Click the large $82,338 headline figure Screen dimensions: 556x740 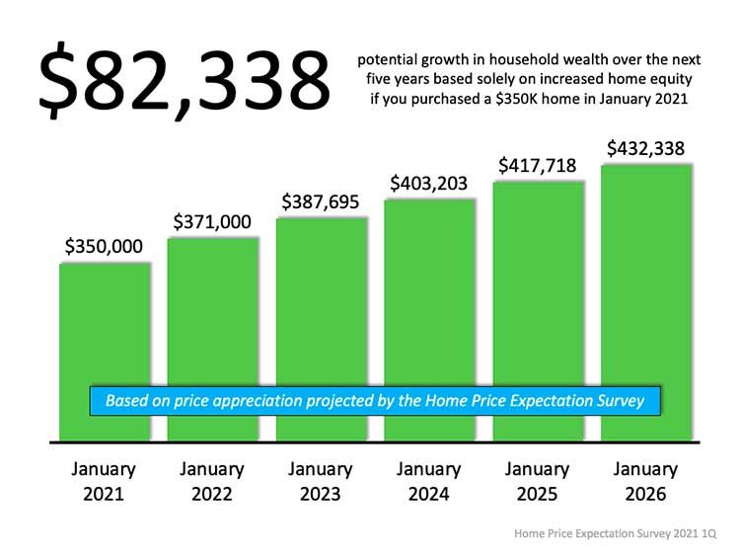click(183, 76)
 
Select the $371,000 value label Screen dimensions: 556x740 click(213, 222)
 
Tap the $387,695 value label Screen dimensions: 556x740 click(321, 201)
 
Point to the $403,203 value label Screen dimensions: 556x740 click(429, 183)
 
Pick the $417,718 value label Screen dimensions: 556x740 click(538, 165)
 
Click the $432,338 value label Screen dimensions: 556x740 click(646, 148)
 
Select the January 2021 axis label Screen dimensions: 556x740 click(105, 481)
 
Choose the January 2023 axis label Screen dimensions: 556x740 click(321, 481)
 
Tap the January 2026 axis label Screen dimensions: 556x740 click(646, 481)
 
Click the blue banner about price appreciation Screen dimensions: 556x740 click(375, 401)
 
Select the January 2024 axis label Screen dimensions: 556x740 click(429, 481)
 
